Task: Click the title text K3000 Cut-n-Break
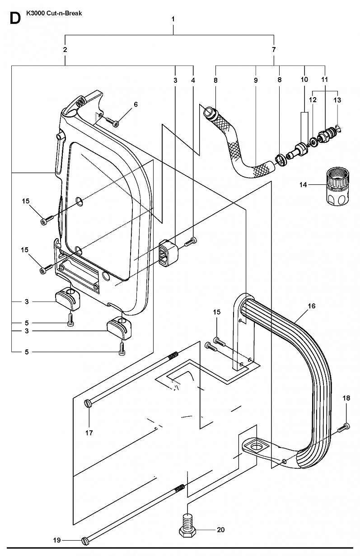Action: [54, 14]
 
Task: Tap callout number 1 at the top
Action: [173, 19]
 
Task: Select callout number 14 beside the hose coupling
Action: [303, 185]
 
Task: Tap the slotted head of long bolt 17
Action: [88, 403]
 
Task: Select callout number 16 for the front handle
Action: [312, 306]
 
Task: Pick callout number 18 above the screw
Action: [346, 398]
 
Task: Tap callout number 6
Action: [136, 104]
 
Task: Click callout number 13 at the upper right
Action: [337, 100]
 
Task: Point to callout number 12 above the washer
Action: [313, 100]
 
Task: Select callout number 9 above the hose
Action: [256, 80]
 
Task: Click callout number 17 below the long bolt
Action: [89, 433]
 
